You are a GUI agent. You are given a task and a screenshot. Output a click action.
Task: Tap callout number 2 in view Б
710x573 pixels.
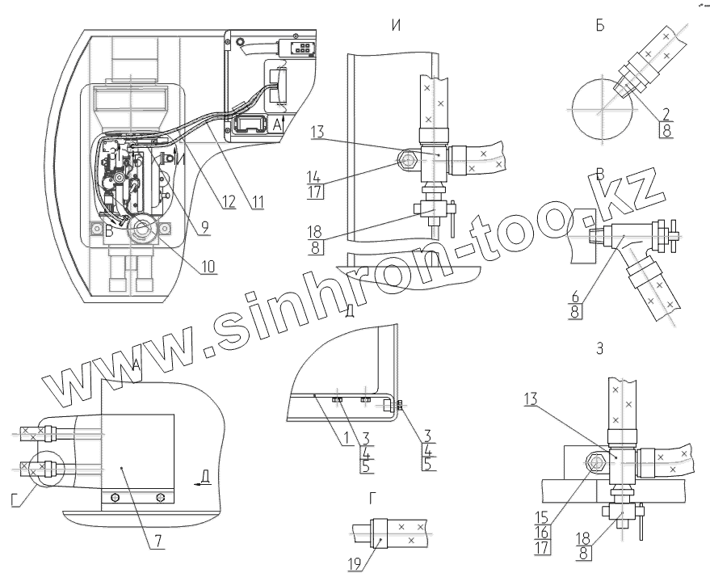pos(665,113)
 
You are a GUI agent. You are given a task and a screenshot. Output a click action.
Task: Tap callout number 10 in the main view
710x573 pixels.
pos(209,264)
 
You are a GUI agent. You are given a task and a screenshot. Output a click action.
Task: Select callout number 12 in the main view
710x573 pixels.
pos(229,204)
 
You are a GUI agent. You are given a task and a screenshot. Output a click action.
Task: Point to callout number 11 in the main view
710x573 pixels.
pos(258,204)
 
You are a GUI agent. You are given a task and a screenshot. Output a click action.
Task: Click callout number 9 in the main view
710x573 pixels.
pos(205,228)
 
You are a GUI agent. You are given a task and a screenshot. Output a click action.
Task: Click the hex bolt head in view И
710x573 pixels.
pos(406,162)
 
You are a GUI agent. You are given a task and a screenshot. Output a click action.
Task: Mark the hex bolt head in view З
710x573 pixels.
pos(598,463)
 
